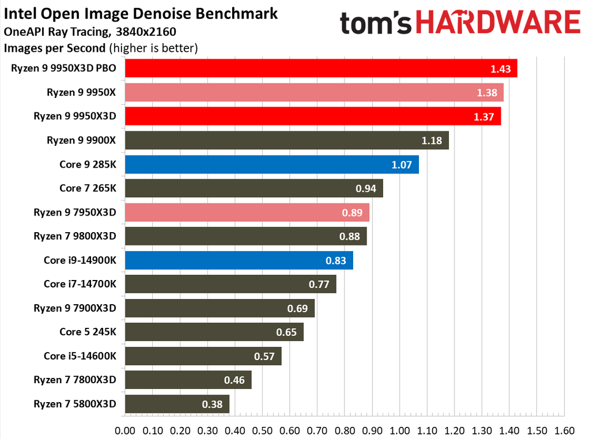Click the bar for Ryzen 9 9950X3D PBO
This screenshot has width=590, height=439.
[x=320, y=69]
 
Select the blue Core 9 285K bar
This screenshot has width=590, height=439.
[x=271, y=164]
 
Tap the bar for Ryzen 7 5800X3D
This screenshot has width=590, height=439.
[x=176, y=404]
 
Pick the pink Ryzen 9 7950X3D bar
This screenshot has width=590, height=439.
[x=247, y=212]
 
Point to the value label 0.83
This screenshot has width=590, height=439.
[x=335, y=260]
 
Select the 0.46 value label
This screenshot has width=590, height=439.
[x=234, y=380]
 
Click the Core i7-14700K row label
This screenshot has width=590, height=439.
[x=80, y=283]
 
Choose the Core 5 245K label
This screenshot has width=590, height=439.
[x=88, y=331]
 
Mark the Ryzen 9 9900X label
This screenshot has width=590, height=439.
[x=82, y=140]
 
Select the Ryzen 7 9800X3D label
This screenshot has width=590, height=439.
[x=75, y=236]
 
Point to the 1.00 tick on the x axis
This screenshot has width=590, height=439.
[x=399, y=430]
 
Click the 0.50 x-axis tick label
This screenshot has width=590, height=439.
[x=262, y=430]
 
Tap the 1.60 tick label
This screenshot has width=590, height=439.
[x=564, y=430]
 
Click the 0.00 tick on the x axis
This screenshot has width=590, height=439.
[x=125, y=430]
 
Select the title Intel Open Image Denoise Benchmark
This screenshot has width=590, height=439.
[x=141, y=13]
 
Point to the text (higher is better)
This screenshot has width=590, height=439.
[x=153, y=48]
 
